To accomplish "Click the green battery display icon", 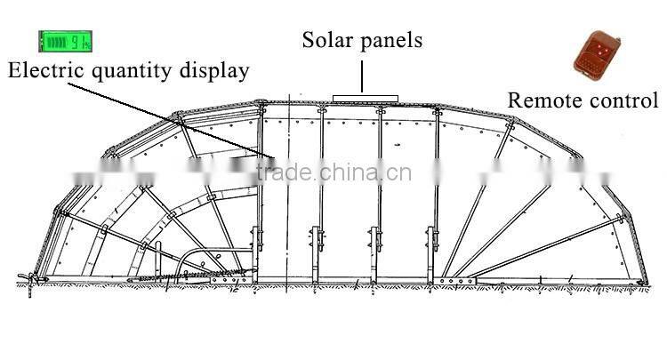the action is (65, 41).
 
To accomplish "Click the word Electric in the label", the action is (45, 71).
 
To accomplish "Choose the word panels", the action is (391, 41).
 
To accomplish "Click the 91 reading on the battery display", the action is (78, 41).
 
